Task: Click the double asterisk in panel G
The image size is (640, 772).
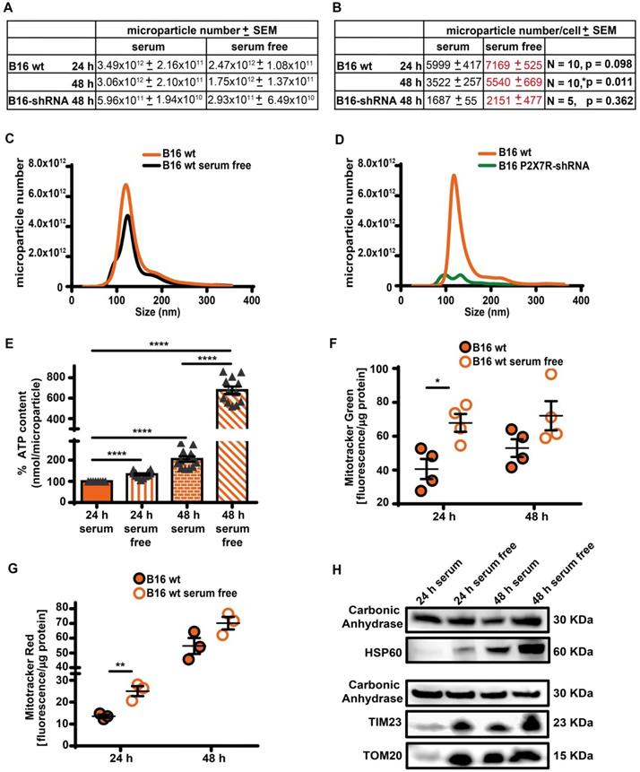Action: coord(121,667)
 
